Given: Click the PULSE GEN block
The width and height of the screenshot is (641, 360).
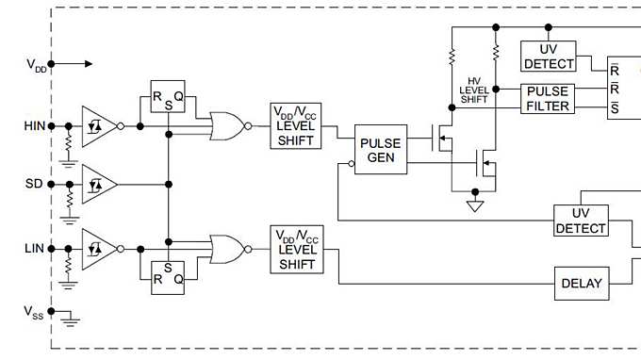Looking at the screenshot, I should pyautogui.click(x=382, y=150).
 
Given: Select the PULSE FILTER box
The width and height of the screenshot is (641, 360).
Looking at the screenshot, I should pyautogui.click(x=548, y=99).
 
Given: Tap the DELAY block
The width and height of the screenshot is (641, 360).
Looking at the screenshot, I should pyautogui.click(x=581, y=283).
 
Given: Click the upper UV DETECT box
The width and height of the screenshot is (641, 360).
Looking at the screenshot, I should pyautogui.click(x=548, y=57).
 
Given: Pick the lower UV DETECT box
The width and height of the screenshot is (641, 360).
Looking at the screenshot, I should pyautogui.click(x=581, y=221).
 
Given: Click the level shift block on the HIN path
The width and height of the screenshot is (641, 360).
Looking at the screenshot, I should pyautogui.click(x=297, y=125).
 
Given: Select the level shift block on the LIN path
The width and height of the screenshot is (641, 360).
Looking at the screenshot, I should pyautogui.click(x=297, y=250).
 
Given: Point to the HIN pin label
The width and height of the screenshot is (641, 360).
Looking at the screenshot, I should pyautogui.click(x=33, y=125).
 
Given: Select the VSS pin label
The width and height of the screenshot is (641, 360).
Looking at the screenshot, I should pyautogui.click(x=34, y=313).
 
